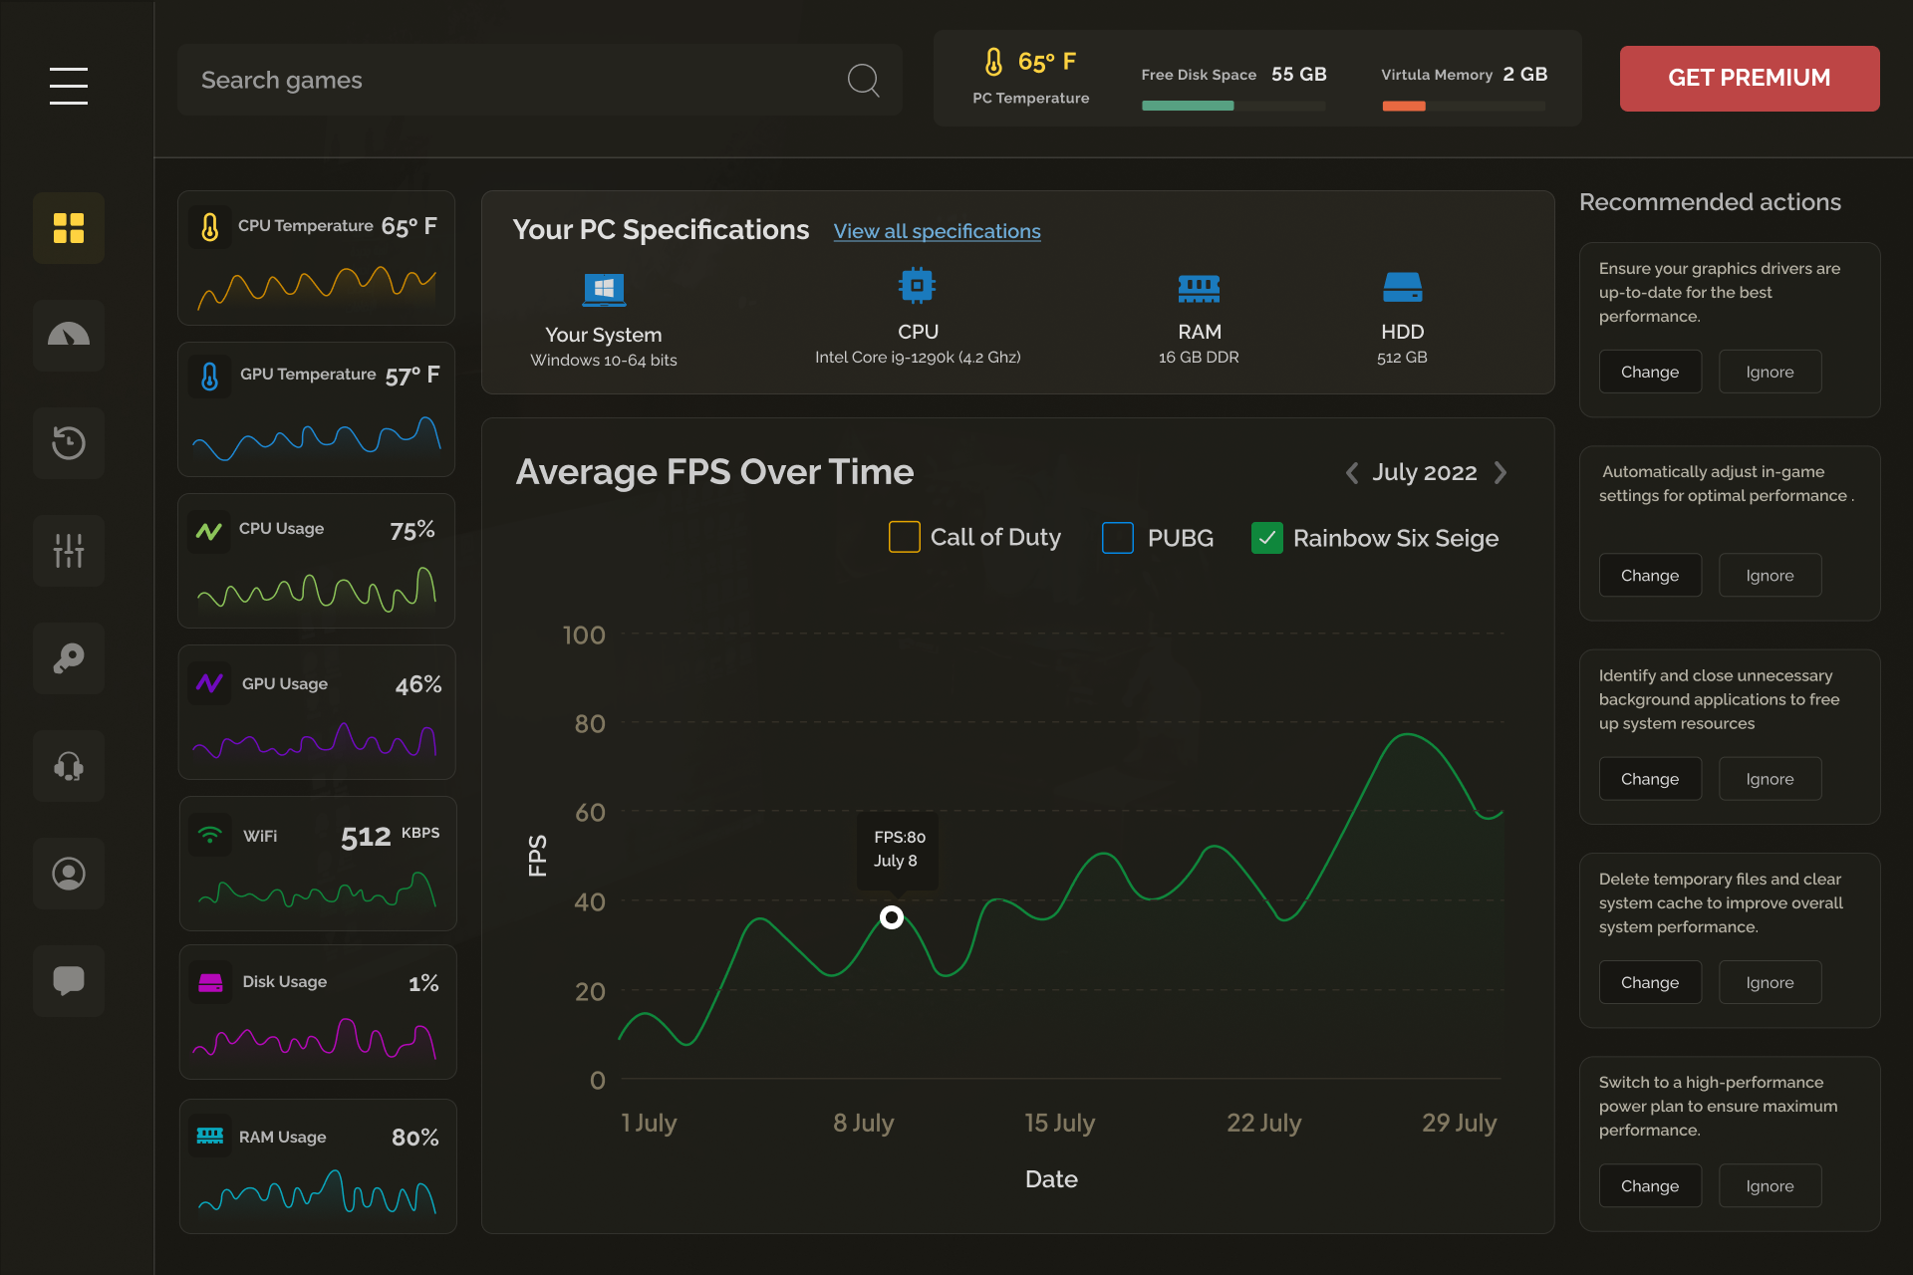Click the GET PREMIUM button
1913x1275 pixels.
[x=1749, y=78]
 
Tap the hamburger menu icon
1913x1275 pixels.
[x=69, y=86]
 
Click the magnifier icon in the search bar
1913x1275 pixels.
[x=863, y=80]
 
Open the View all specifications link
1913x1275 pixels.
[x=937, y=231]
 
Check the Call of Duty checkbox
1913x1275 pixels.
[x=904, y=537]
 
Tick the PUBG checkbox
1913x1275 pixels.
[x=1117, y=538]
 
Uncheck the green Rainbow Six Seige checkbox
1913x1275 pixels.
[x=1266, y=538]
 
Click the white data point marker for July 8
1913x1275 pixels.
[x=892, y=917]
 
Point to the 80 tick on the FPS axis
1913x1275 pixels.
[x=590, y=724]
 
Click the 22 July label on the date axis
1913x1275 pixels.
[x=1263, y=1123]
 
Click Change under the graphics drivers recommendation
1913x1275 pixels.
[x=1649, y=372]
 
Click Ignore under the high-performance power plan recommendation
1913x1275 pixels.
[x=1770, y=1185]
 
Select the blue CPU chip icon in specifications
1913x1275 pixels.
[x=917, y=286]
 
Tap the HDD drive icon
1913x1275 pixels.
[x=1402, y=287]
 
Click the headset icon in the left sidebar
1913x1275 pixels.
[x=69, y=765]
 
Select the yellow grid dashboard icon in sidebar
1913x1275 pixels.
[x=69, y=228]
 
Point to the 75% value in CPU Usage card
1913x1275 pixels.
[x=411, y=530]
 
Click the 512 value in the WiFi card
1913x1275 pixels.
[x=366, y=837]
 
